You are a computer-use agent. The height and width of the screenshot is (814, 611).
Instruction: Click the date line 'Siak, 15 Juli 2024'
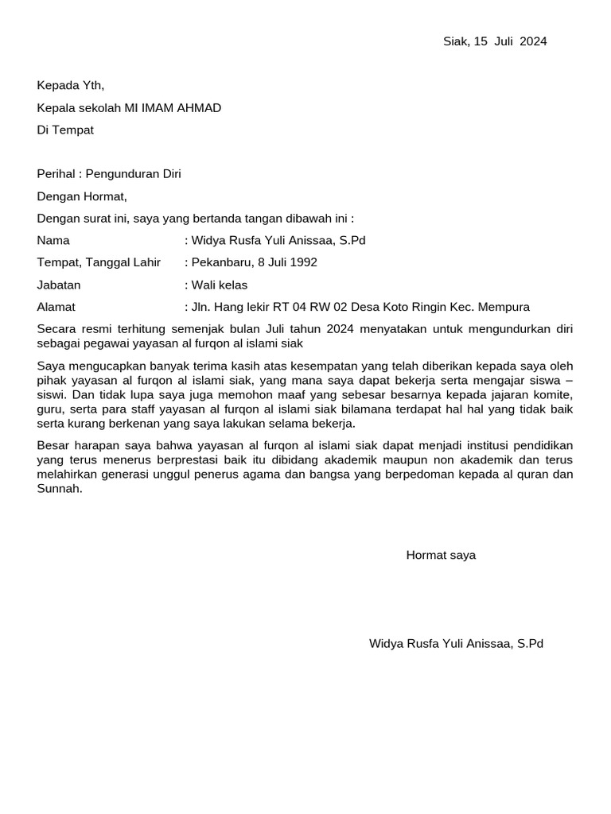tap(494, 42)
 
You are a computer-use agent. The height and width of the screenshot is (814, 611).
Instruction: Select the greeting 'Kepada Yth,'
tap(71, 86)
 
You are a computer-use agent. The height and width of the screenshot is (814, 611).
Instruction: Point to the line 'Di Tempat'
tap(65, 130)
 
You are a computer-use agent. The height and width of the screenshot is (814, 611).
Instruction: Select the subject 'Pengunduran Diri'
tap(134, 174)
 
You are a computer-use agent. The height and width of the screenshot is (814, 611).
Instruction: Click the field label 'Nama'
tap(53, 240)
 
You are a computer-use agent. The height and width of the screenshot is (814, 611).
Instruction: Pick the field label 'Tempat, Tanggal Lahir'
tap(99, 262)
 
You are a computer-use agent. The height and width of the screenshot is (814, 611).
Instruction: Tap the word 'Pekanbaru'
tap(217, 262)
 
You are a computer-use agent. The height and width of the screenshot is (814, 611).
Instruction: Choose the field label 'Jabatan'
tap(59, 285)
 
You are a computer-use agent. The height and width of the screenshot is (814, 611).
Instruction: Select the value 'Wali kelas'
tap(219, 285)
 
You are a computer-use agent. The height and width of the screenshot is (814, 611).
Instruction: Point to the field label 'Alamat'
tap(56, 307)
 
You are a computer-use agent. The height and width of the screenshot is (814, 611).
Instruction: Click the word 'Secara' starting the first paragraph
tap(56, 328)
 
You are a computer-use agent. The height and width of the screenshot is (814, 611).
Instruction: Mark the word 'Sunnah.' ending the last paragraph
tap(60, 489)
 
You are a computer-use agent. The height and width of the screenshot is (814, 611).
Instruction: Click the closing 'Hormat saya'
tap(441, 555)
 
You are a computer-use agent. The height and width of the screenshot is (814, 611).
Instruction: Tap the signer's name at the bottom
tap(456, 643)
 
